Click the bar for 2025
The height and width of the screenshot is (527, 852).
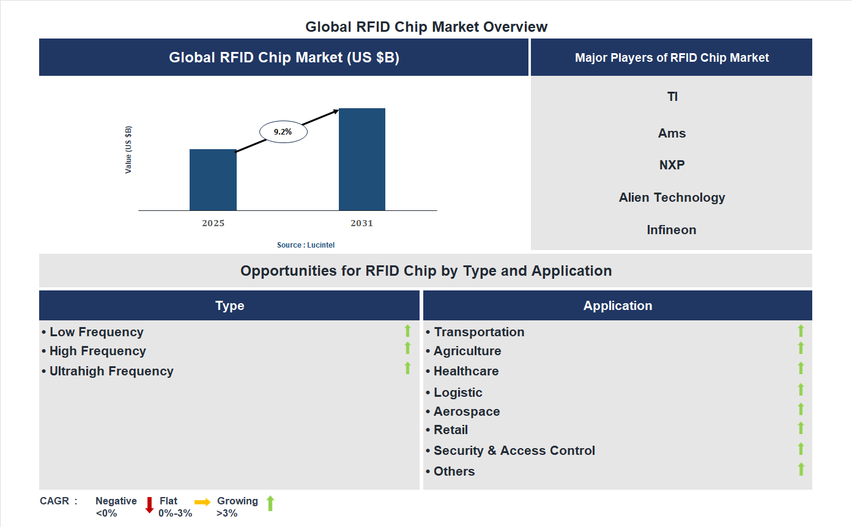coord(213,180)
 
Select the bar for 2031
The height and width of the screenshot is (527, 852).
coord(362,160)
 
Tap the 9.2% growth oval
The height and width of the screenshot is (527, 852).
coord(283,131)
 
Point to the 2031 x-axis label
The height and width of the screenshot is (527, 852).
coord(361,223)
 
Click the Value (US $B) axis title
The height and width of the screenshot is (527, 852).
coord(128,150)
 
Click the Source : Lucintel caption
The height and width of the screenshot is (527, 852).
coord(306,245)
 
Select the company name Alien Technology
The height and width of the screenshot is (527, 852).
coord(672,197)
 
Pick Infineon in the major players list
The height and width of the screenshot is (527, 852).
coord(672,230)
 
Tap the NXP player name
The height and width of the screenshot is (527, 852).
coord(672,165)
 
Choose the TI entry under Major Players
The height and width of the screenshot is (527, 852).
coord(672,97)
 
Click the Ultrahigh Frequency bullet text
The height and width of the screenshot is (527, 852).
coord(111,371)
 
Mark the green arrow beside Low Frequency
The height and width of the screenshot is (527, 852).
coord(407,331)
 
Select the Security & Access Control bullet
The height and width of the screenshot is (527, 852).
coord(514,451)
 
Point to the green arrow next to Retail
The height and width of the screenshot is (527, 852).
coord(801,428)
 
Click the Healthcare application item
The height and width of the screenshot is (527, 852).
coord(465,371)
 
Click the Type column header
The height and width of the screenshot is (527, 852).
coord(229,306)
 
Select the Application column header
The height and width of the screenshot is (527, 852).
coord(617,306)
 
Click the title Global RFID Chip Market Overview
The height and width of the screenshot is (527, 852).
coord(426,27)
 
